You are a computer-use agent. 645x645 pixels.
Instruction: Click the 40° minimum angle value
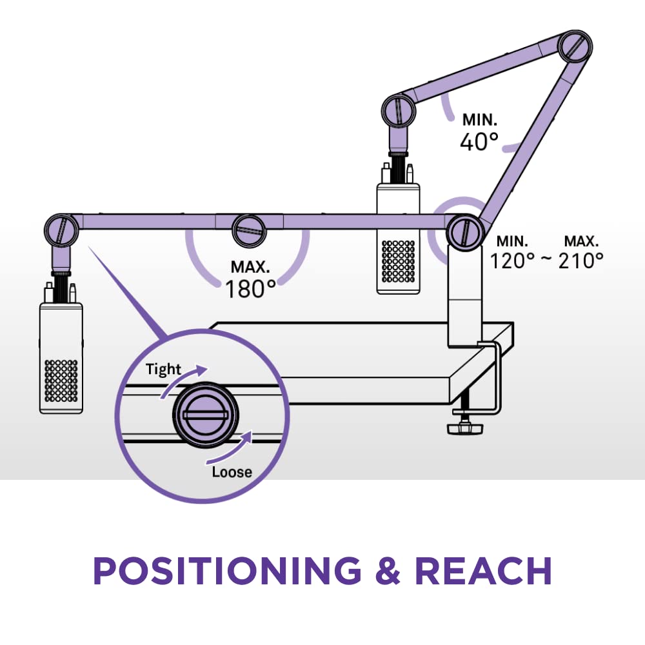(479, 142)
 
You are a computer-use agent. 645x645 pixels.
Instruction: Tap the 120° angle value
(513, 261)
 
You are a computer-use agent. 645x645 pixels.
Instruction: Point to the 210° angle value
(580, 261)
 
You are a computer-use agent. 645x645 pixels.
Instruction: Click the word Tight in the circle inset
(163, 370)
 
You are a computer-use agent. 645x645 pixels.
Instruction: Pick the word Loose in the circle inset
(232, 472)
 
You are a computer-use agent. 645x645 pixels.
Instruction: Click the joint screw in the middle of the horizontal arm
(248, 230)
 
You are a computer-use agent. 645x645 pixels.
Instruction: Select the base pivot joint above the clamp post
(464, 232)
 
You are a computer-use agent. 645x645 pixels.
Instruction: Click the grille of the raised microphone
(398, 263)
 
